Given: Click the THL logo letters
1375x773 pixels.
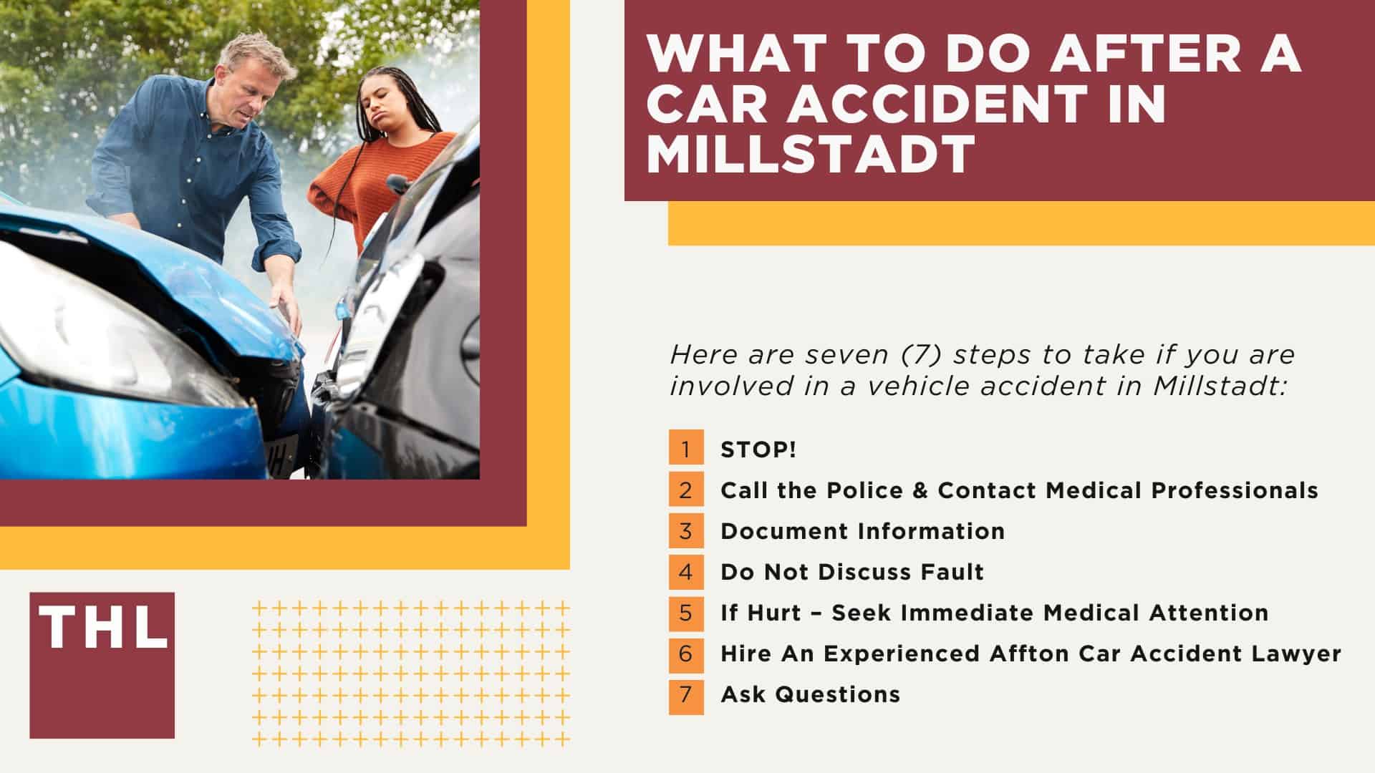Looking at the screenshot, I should pyautogui.click(x=102, y=628).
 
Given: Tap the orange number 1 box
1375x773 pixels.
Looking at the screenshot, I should pyautogui.click(x=686, y=449).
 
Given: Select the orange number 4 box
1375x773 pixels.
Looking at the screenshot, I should pyautogui.click(x=686, y=572).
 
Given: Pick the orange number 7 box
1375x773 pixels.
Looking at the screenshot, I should pyautogui.click(x=686, y=694).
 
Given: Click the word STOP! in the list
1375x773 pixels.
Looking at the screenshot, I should pyautogui.click(x=758, y=450).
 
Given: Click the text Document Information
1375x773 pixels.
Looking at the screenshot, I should pyautogui.click(x=862, y=531).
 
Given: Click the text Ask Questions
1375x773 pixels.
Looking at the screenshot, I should pyautogui.click(x=810, y=694).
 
